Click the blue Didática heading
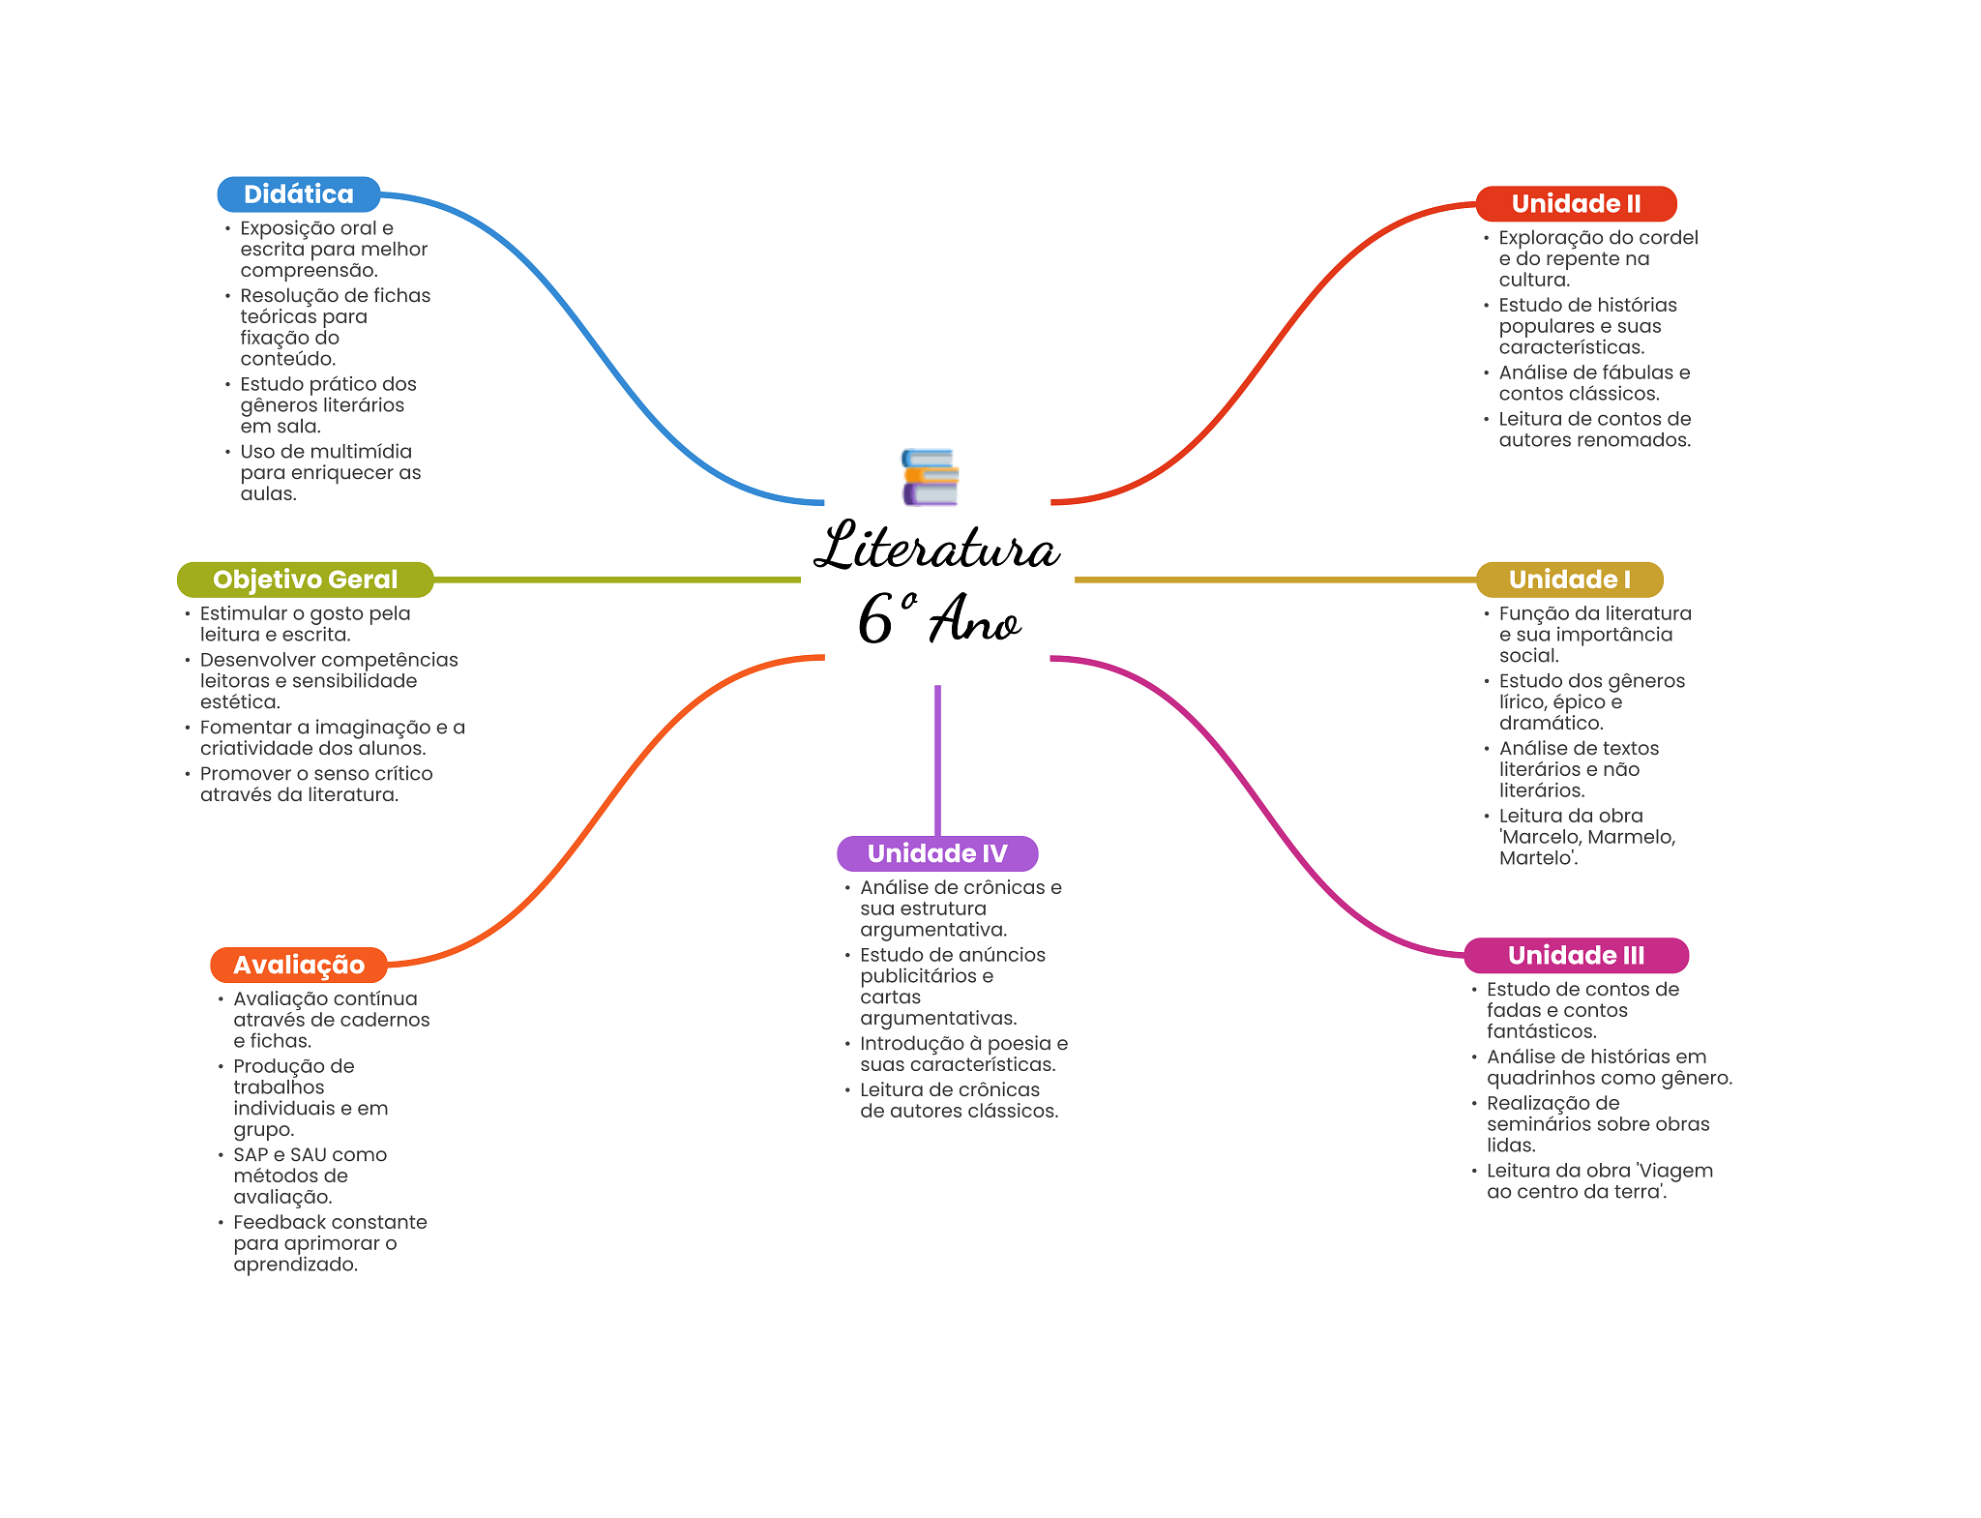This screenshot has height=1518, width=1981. tap(298, 194)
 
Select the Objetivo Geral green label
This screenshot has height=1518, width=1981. tap(305, 580)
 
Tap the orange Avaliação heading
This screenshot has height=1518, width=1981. tap(298, 965)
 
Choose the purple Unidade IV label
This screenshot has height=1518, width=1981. tap(936, 853)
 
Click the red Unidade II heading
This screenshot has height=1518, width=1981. tap(1576, 204)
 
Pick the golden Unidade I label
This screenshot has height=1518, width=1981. tap(1569, 580)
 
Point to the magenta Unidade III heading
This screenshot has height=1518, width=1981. tap(1576, 956)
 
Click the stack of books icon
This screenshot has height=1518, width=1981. tap(930, 477)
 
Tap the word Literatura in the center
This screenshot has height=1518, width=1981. tap(936, 548)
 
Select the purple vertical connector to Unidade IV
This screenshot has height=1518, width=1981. tap(937, 759)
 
